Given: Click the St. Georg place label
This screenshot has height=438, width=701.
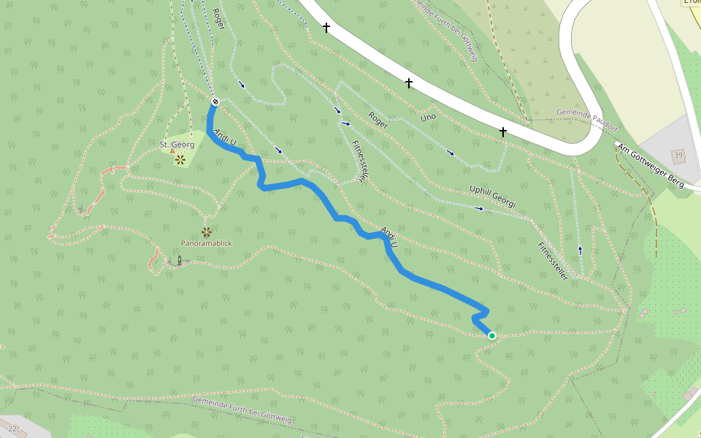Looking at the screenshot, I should pos(177,145).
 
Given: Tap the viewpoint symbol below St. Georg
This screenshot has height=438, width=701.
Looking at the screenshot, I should pos(180,159).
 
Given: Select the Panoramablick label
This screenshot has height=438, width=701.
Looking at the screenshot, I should pos(207,243).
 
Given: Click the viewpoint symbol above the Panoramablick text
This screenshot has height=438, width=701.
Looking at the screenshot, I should pos(207,232).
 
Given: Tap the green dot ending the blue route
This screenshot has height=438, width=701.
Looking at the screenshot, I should pos(492,336).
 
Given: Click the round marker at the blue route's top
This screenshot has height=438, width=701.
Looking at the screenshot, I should pos(215,101).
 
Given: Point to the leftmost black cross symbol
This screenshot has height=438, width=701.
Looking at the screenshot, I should pos(326,28).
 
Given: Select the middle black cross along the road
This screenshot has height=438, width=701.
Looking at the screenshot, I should pos(409,83).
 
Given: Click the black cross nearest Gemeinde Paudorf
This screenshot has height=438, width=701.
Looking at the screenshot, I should pos(503,132).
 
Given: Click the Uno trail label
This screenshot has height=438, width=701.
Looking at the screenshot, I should pos(428,117).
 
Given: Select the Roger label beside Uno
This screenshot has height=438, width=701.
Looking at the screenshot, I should pos(378,120).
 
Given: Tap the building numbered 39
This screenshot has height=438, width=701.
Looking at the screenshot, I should pos(678,155).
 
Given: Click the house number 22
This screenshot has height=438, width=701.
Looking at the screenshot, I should pos(12,429).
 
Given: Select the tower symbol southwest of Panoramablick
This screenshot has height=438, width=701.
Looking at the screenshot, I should pos(179,260).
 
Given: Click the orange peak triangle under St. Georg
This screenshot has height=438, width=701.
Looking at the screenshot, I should pos(172,151).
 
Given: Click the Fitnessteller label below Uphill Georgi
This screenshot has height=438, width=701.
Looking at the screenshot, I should pos(553,261).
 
